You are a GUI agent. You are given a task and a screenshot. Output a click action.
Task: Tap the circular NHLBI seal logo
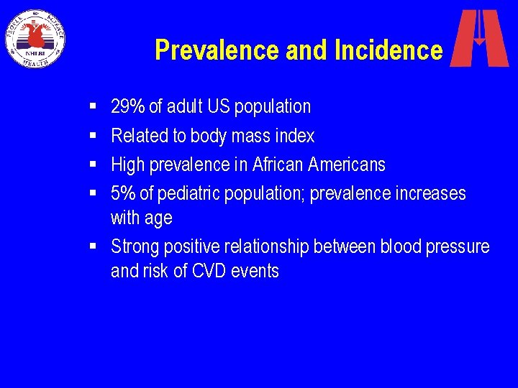(35, 38)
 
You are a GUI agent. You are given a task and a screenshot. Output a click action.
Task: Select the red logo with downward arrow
(479, 38)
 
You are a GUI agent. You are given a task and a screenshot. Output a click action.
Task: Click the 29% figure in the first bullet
(128, 106)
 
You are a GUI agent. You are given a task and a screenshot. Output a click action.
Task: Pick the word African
(278, 165)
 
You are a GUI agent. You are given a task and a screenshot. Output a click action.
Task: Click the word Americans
(347, 165)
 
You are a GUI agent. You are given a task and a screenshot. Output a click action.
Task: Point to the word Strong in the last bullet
(135, 246)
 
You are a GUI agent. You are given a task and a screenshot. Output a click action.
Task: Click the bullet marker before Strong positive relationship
(94, 246)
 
